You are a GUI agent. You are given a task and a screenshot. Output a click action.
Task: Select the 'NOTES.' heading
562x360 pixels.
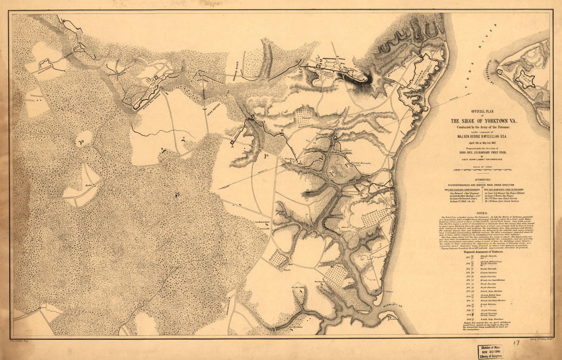(x=483, y=213)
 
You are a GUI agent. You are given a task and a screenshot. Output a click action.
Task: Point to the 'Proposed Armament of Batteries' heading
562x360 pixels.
(x=483, y=253)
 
